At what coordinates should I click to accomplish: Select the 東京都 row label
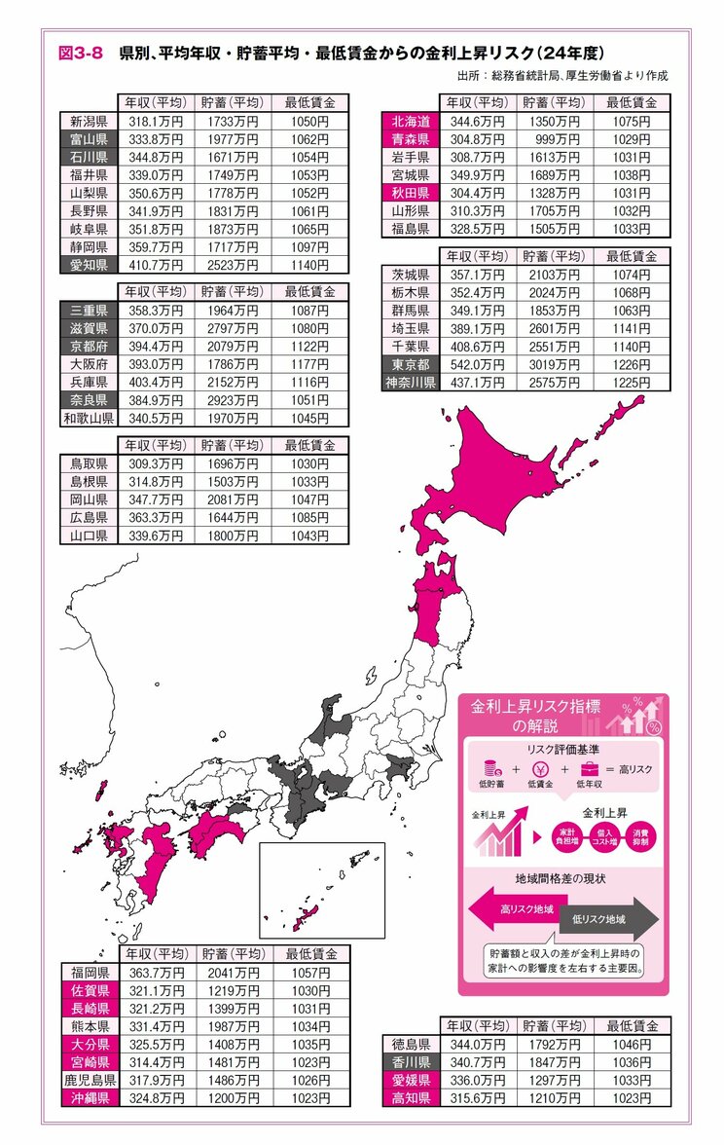click(410, 365)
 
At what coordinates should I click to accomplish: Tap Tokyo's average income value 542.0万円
click(473, 365)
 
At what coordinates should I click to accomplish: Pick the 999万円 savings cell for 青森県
click(552, 138)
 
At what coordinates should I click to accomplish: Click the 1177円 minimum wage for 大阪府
click(309, 365)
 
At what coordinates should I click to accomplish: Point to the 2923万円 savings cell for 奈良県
click(232, 400)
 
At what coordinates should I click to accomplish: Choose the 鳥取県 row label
click(90, 464)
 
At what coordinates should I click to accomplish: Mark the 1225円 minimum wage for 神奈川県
click(633, 383)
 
